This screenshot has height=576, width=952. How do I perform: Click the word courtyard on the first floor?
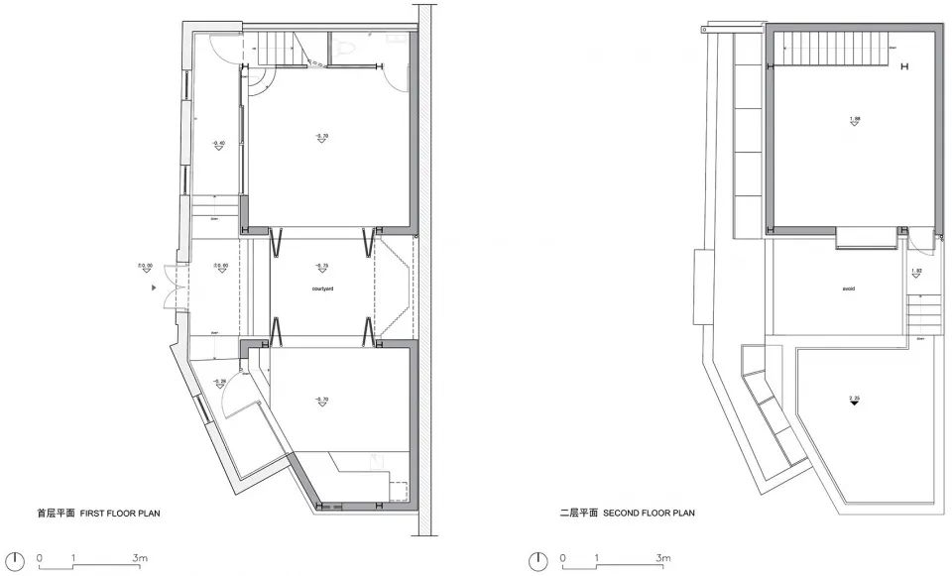(x=320, y=288)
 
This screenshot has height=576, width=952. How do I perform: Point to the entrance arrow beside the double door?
(x=153, y=288)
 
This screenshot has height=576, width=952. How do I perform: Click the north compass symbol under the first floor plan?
(x=14, y=560)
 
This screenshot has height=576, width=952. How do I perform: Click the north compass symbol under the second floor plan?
(x=538, y=560)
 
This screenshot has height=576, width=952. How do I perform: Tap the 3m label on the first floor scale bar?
(x=140, y=559)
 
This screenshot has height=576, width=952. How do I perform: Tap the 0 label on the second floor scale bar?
(x=563, y=559)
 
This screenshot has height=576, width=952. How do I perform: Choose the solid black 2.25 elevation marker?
(x=853, y=401)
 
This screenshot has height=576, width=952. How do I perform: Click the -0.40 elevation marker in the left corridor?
(x=217, y=146)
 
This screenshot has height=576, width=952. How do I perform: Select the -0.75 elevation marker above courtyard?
(x=320, y=268)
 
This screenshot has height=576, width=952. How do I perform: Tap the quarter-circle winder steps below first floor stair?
(x=257, y=84)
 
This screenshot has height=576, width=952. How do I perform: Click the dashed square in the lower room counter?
(x=400, y=491)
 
